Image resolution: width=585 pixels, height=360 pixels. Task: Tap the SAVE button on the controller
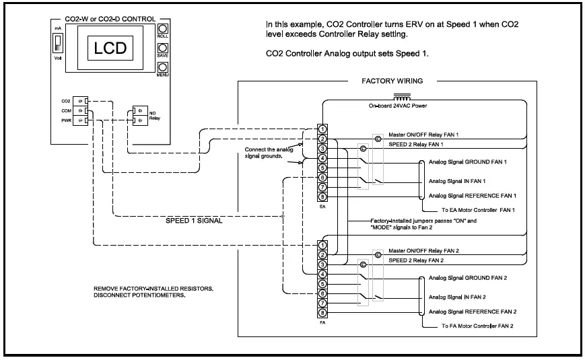coord(162,49)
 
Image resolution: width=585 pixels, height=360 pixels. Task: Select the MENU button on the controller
coord(162,68)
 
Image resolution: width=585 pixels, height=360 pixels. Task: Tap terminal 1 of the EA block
coord(323,128)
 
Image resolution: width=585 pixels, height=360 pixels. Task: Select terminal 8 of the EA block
coord(323,196)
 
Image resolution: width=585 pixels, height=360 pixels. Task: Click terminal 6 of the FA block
coord(323,293)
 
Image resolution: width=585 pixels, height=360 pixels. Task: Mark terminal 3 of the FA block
coord(323,264)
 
